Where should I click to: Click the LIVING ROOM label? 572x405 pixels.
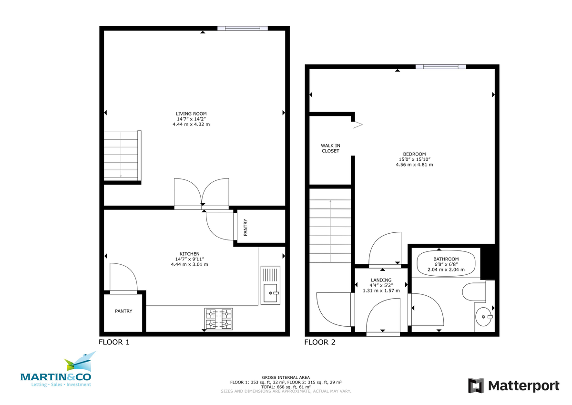click(191, 114)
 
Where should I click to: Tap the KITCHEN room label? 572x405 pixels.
click(189, 254)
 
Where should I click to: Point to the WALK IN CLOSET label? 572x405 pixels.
click(330, 148)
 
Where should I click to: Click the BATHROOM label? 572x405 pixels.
click(446, 259)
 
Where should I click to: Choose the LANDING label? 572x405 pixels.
click(381, 280)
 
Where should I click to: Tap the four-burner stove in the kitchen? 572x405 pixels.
click(219, 319)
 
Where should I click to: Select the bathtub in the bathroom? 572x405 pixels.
click(446, 263)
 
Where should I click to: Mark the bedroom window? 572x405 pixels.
click(440, 67)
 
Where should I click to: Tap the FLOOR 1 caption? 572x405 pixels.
click(114, 342)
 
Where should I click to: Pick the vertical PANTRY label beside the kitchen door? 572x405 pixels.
click(245, 228)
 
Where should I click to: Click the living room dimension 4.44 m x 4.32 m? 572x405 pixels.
click(191, 124)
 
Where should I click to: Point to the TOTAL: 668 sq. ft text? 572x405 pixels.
click(286, 387)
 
